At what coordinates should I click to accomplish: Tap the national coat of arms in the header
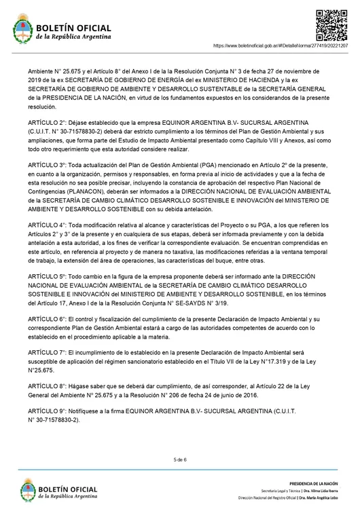point(23,31)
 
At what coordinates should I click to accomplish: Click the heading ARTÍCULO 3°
point(48,165)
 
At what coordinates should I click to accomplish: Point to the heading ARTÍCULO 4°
point(48,224)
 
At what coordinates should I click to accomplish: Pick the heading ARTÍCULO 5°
point(48,277)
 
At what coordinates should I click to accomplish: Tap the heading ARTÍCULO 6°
point(48,318)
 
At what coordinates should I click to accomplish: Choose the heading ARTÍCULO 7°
point(48,354)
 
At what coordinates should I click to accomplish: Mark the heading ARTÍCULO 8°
point(48,385)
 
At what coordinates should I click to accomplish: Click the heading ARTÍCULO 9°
point(48,413)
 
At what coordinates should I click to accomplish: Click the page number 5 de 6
point(180,459)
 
